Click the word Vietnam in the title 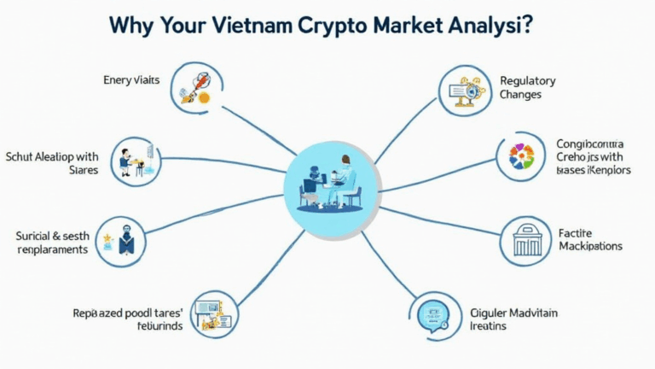254,26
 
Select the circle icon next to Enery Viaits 193,86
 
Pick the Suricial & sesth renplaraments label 52,242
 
